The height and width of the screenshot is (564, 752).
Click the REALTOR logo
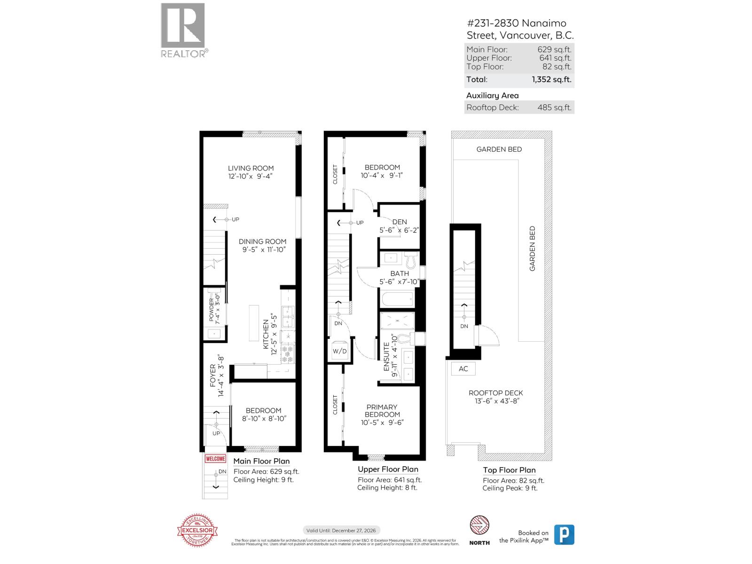(183, 30)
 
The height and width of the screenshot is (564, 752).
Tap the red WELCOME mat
(215, 459)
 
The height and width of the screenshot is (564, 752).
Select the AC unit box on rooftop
(463, 368)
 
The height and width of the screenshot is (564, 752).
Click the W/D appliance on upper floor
(339, 351)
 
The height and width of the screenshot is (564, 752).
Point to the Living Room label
(251, 168)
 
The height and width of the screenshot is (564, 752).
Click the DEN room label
(399, 222)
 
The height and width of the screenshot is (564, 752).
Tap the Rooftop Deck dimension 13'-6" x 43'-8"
(496, 401)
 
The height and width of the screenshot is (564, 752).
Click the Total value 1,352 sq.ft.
(551, 79)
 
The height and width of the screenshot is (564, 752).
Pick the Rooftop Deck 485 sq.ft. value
(554, 107)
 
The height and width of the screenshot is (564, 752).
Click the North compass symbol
(479, 525)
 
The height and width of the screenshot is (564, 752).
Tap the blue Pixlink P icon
(564, 535)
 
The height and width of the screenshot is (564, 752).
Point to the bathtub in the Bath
(397, 299)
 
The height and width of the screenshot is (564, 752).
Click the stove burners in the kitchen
(287, 353)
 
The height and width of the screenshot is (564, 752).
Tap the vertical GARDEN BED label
(533, 248)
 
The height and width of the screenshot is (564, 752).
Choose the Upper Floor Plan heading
(388, 469)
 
